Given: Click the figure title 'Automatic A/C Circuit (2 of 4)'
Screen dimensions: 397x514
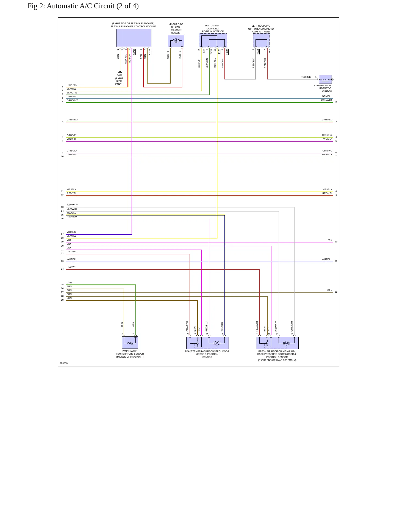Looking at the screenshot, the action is coord(93,6).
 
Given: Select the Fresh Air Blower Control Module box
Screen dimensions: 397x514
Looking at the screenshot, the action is coord(134,38).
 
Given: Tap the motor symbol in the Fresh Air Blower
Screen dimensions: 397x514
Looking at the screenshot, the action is coord(176,41).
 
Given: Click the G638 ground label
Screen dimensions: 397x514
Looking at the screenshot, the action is coord(119,75).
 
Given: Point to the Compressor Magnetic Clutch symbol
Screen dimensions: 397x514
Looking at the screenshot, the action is coord(325,79).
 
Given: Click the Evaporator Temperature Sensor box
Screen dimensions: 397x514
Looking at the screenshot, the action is coord(130,342).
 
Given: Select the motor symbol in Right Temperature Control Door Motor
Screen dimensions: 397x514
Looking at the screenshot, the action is coord(217,343).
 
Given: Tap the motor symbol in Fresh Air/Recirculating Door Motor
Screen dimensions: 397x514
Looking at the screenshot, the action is coord(287,343).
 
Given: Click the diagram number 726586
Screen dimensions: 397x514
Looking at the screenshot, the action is coord(64,363).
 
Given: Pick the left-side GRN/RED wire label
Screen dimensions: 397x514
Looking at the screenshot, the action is coord(72,120).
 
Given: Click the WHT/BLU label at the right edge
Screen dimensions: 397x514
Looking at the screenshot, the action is coord(327,259).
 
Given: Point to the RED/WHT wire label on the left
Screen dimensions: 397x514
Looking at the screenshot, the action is coord(72,267).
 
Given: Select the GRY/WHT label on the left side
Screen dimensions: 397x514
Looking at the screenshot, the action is coord(72,205).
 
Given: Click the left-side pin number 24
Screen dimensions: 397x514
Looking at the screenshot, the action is coord(62,269).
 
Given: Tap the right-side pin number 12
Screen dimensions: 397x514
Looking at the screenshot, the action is coord(336,292).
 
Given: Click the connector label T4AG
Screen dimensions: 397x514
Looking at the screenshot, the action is coord(134,52).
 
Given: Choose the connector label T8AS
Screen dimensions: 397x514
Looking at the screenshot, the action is coord(270,52).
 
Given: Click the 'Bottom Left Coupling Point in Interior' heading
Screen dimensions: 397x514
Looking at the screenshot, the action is coord(213,29).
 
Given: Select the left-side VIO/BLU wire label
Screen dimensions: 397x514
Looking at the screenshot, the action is coord(71,232).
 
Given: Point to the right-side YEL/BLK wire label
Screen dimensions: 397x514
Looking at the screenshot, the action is coord(327,189).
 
